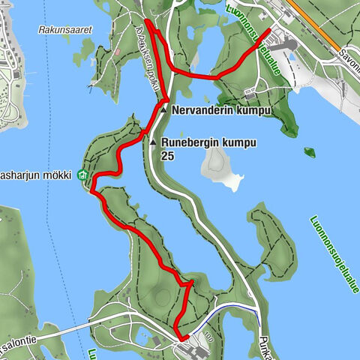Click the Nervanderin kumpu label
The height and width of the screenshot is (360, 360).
click(220, 110)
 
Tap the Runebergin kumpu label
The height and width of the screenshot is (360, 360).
click(208, 142)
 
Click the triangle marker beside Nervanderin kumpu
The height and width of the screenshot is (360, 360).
click(163, 110)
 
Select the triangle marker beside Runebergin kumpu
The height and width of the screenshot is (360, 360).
click(153, 142)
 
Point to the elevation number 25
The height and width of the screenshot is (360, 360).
click(168, 156)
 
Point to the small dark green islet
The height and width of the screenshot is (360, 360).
click(309, 153)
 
